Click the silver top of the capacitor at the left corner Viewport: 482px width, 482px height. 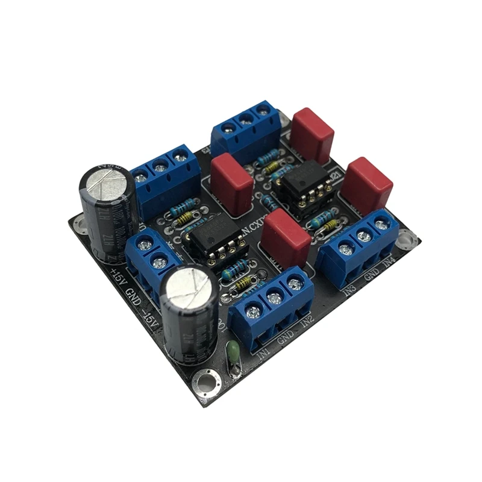click(105, 180)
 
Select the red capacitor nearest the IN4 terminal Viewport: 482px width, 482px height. click(367, 182)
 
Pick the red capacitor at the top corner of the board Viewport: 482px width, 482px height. click(312, 135)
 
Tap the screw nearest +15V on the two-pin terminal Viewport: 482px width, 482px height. click(144, 244)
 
